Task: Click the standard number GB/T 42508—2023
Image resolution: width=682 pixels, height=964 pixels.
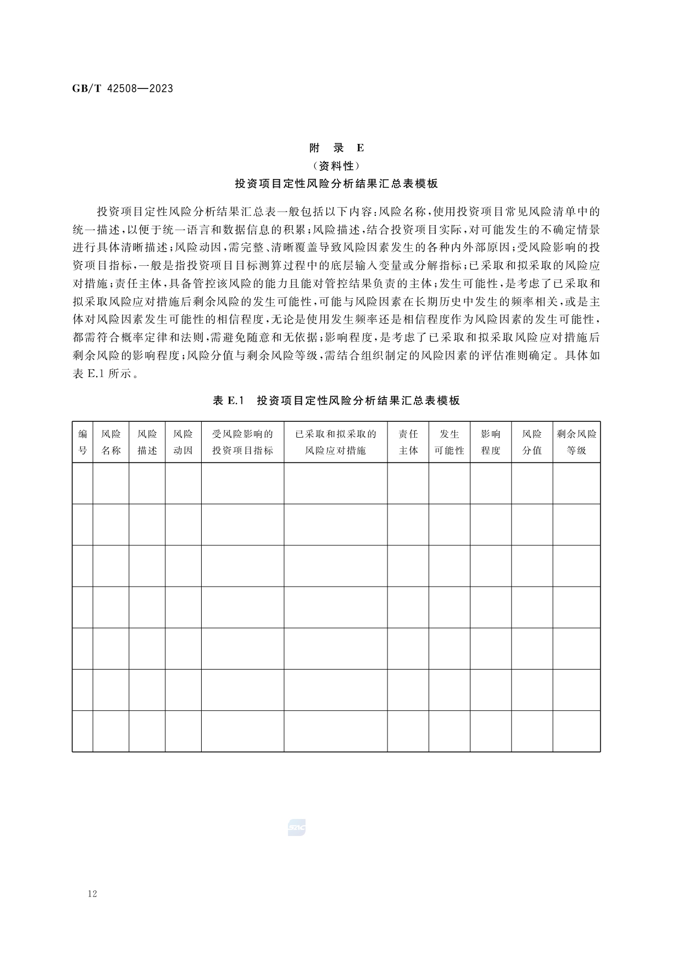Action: point(123,88)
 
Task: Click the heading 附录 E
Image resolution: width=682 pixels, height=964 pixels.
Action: point(336,148)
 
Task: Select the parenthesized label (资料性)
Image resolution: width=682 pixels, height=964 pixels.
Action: point(336,166)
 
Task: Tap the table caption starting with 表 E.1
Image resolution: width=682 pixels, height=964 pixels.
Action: point(336,400)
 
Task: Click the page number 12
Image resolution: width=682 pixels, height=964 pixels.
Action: point(92,894)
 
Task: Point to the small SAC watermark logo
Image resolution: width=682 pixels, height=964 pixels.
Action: point(296,827)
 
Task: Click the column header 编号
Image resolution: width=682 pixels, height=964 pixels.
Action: point(82,442)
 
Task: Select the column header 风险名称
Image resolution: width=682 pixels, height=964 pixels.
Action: point(111,442)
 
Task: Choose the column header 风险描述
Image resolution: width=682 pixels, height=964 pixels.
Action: point(147,442)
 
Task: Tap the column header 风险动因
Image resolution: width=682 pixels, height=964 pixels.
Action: point(183,442)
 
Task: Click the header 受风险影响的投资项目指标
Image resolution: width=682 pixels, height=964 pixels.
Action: point(242,442)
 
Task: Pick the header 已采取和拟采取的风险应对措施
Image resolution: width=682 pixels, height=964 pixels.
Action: point(336,442)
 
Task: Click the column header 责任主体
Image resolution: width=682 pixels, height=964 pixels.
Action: point(408,442)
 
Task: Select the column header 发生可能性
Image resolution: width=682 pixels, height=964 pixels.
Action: point(450,442)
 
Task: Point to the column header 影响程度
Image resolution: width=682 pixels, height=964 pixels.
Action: point(491,442)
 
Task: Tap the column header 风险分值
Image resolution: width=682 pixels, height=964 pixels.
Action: point(532,442)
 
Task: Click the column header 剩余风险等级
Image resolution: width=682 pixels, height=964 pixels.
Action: point(576,442)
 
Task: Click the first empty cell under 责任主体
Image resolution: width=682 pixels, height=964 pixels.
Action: point(408,483)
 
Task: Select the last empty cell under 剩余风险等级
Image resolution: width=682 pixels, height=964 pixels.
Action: point(576,731)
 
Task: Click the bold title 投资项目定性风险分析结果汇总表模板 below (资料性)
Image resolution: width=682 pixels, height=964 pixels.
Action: point(336,184)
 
